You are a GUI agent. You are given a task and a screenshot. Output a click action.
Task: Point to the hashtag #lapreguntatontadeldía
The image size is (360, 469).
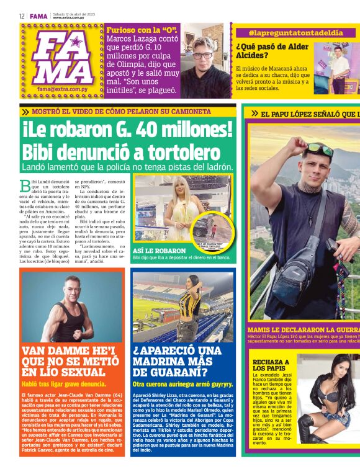[x=295, y=32]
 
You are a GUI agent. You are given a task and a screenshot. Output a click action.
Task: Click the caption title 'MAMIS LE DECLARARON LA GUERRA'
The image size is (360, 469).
[x=303, y=329]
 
